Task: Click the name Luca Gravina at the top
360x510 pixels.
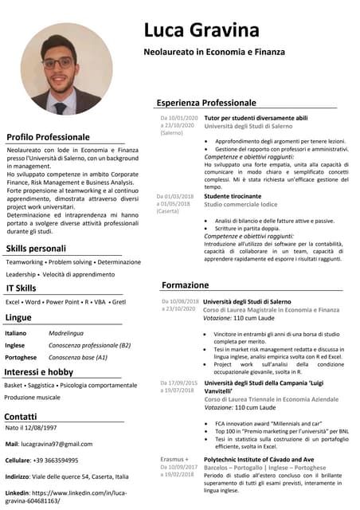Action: point(201,30)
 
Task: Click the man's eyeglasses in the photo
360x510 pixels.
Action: point(57,62)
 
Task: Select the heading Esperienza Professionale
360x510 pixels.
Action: point(206,103)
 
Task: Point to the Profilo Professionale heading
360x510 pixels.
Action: point(48,136)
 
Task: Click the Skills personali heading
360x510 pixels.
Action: point(36,249)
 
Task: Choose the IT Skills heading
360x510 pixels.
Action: point(21,288)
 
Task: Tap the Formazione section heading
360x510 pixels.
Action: point(185,284)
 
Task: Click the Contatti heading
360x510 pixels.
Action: point(21,416)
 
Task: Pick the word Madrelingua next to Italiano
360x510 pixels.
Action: point(66,332)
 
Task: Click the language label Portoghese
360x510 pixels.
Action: point(22,357)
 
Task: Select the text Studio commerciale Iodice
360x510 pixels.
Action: point(243,205)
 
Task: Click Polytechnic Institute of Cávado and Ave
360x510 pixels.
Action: point(259,460)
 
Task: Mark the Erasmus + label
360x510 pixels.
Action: point(174,460)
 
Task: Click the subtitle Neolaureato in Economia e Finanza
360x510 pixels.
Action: point(213,52)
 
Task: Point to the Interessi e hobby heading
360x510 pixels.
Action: point(38,371)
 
